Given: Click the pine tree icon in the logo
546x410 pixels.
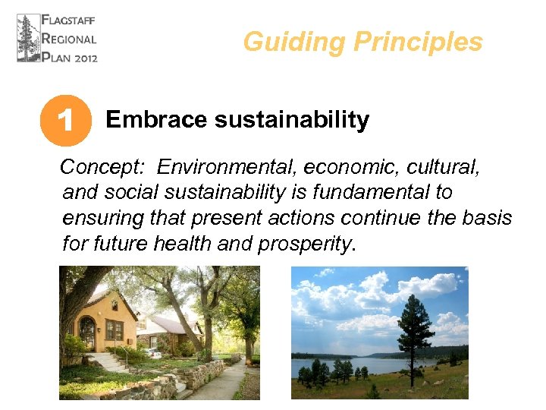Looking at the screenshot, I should [28, 38].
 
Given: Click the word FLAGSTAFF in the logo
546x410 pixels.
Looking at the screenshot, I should [71, 20].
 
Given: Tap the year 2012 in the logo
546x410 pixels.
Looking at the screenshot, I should [84, 57].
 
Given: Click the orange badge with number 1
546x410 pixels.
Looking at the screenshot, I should [66, 120].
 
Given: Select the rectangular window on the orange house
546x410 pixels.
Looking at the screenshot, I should [114, 330].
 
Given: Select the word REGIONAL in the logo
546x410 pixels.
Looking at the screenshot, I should [71, 39].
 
